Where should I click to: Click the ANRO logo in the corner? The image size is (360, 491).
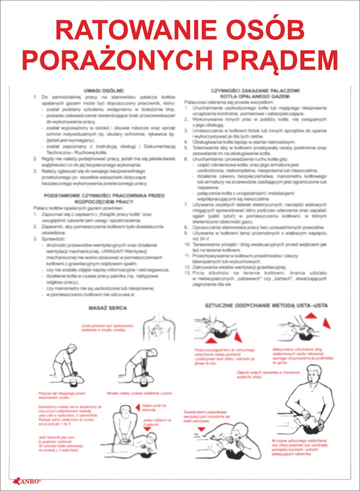pyautogui.click(x=29, y=479)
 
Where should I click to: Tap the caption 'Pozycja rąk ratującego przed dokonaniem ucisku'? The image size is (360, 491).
pyautogui.click(x=60, y=396)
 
